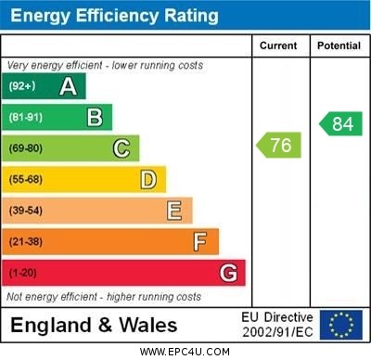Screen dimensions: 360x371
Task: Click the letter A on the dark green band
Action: (68, 86)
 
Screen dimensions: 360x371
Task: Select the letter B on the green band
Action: (95, 117)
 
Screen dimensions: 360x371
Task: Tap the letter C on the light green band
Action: (122, 148)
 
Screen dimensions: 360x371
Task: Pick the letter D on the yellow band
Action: (148, 179)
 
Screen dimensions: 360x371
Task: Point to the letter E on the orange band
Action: (174, 211)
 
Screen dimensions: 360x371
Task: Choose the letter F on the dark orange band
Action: (200, 242)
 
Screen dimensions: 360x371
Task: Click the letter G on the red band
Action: (228, 273)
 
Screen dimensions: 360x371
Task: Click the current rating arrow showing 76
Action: (279, 145)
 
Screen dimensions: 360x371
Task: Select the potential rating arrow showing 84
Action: (340, 123)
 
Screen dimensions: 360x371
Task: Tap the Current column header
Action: (278, 45)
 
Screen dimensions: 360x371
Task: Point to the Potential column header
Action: (339, 45)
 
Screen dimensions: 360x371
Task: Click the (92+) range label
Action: (22, 86)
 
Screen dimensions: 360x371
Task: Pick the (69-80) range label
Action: (26, 148)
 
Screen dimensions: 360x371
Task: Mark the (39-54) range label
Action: (26, 211)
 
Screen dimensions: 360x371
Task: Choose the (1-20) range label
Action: (23, 273)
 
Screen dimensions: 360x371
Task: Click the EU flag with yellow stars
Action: (341, 325)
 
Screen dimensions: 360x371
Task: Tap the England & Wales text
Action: (95, 325)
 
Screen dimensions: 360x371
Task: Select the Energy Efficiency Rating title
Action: (114, 16)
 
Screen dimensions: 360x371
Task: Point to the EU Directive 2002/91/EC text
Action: (277, 325)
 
